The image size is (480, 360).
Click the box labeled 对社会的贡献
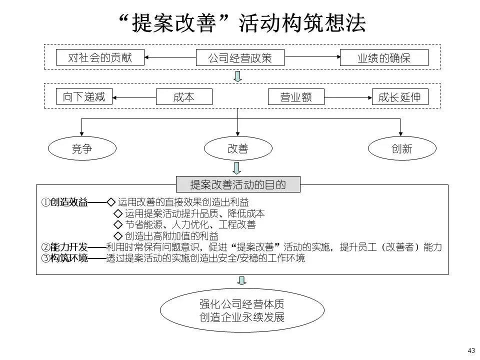pos(100,57)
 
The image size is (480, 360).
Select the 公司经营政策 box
pos(239,58)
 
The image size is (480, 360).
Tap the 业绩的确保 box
pos(384,58)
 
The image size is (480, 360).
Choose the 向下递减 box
pos(84,96)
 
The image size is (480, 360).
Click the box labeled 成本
pos(184,96)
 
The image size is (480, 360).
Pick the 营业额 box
pos(296,96)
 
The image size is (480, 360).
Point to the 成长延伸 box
pos(400,96)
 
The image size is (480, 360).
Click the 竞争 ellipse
pos(82,149)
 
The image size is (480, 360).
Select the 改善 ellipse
pos(238,149)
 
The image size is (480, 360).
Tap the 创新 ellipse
pos(402,149)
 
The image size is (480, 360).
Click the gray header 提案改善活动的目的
pos(238,184)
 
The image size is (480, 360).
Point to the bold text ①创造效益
pos(64,202)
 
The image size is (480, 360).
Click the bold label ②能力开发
pos(64,247)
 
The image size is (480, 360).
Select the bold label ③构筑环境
pos(64,258)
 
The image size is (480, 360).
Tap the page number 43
pos(470,349)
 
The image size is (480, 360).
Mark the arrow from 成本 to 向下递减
pos(134,96)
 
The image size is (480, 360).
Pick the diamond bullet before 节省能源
pos(118,224)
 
